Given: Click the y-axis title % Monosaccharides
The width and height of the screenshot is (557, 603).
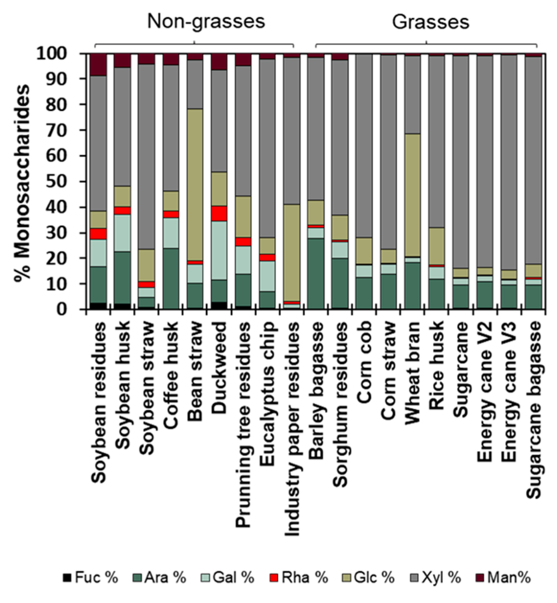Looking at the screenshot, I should click(x=22, y=183).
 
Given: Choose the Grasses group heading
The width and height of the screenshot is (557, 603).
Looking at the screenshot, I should click(x=430, y=22).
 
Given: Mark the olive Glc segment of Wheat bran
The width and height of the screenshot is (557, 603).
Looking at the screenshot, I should click(x=412, y=195).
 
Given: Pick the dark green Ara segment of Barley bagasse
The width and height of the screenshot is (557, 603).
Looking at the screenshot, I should click(x=316, y=273).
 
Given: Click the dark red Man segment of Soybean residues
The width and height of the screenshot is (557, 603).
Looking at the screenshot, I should click(x=99, y=64).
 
